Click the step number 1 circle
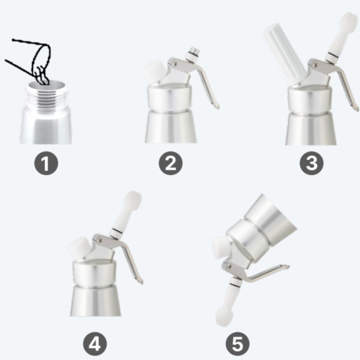[x=46, y=163]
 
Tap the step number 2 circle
[x=171, y=163]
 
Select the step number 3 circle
[x=311, y=163]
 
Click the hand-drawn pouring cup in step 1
[x=35, y=60]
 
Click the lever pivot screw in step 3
[x=316, y=64]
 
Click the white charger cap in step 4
[x=79, y=248]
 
